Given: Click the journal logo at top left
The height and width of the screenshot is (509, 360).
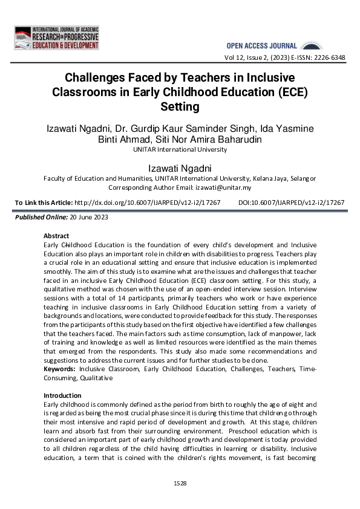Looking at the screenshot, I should (x=56, y=38).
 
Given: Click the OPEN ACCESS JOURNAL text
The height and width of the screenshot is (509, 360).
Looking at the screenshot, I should (x=261, y=46).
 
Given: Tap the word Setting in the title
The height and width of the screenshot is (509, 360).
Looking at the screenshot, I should (x=180, y=107).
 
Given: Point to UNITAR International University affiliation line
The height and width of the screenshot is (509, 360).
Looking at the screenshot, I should (x=180, y=150).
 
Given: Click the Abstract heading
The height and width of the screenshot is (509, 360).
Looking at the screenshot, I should (x=56, y=236).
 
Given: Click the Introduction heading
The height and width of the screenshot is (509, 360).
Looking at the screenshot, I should (x=62, y=395).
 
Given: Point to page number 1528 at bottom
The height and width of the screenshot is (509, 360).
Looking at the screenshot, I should (x=180, y=484).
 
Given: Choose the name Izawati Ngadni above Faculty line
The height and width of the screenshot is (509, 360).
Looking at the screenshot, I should (x=180, y=167).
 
